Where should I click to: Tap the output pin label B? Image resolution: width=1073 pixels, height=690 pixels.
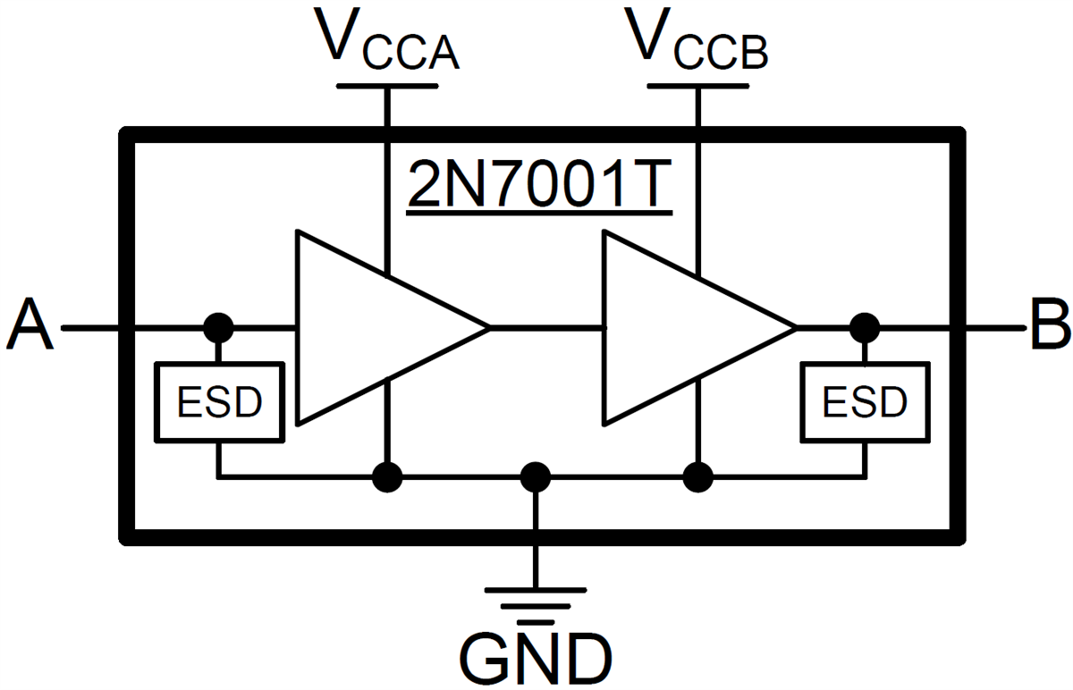click(x=1048, y=326)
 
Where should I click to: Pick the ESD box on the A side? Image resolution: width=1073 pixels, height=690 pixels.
click(x=220, y=402)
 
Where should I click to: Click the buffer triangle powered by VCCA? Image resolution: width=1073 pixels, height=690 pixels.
click(x=376, y=327)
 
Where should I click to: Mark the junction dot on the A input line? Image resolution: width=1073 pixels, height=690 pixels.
click(x=218, y=328)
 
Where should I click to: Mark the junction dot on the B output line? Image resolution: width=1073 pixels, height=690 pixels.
click(x=865, y=328)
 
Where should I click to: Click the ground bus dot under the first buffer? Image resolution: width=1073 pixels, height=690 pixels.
click(x=386, y=477)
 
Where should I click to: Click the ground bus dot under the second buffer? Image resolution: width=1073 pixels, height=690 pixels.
click(x=697, y=477)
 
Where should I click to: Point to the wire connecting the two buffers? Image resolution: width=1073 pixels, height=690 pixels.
click(x=547, y=328)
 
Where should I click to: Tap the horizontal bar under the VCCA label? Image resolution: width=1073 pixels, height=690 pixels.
click(x=387, y=86)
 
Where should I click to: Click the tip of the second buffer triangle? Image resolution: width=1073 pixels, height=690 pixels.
click(x=793, y=328)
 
